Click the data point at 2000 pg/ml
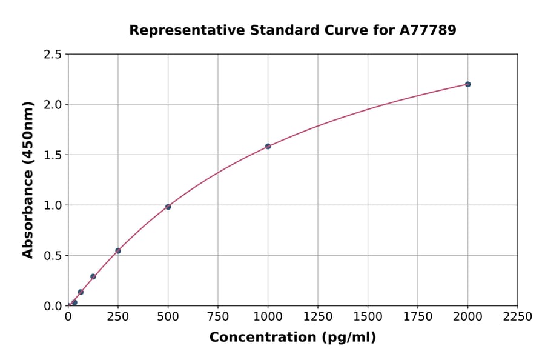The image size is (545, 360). coord(467,84)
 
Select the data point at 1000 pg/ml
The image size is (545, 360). coord(268,146)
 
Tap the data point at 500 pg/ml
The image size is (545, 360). coord(168,207)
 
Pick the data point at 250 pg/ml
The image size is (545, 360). coord(118,250)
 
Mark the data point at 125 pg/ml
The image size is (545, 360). coord(93,276)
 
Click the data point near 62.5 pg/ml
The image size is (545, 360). coord(81,292)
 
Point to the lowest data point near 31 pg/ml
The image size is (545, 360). coord(74,302)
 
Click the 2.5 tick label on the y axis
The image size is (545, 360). coord(51,55)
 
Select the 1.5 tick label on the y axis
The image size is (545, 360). coord(51,155)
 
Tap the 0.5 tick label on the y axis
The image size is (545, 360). coord(51,256)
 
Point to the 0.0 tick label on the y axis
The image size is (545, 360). coord(51,306)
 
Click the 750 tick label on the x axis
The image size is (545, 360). coord(218,317)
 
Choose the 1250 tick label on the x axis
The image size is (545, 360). coord(318,317)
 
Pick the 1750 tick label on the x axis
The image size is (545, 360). coord(418,317)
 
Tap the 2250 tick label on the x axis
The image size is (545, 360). coord(518,317)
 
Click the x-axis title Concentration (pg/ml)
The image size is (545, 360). coord(292,338)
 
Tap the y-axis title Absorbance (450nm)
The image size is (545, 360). coord(28,179)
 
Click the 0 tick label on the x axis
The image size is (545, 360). coord(68,317)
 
